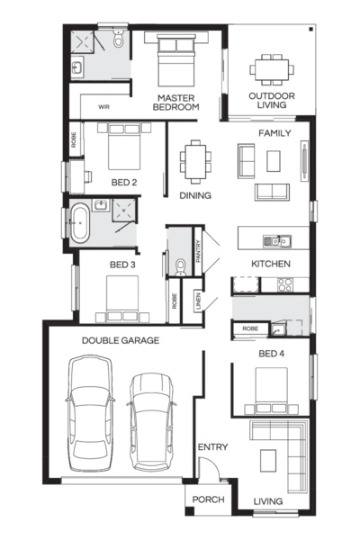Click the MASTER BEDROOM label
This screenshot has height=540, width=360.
click(175, 102)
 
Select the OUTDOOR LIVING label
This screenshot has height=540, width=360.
click(269, 99)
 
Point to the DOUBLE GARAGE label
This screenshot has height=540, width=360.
click(121, 340)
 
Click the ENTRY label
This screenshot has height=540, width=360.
click(213, 447)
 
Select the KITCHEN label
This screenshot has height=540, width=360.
click(270, 264)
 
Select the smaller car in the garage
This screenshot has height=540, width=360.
click(149, 419)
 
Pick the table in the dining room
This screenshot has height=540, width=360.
click(194, 164)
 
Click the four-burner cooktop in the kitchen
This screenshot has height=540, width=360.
click(286, 284)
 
